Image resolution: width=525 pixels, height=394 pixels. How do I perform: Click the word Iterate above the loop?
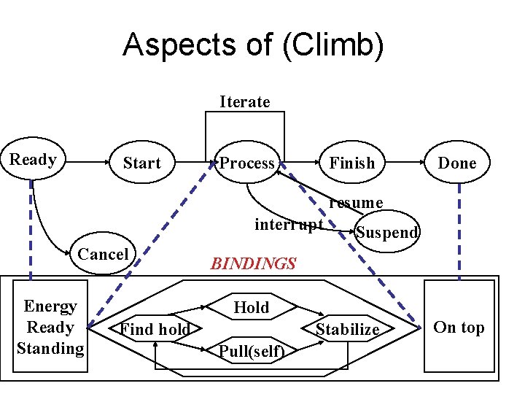tap(244, 101)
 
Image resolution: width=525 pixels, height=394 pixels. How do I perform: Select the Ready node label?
tap(33, 160)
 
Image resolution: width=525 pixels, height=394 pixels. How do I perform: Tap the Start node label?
tap(141, 163)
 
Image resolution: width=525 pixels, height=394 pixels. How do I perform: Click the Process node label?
tap(247, 163)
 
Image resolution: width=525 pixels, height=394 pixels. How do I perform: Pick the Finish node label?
tap(351, 163)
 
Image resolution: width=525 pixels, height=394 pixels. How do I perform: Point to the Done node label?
tap(456, 163)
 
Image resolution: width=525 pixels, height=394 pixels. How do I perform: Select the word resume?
tap(356, 202)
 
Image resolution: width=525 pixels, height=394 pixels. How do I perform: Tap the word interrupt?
tap(288, 224)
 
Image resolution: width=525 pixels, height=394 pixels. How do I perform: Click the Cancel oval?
tap(103, 254)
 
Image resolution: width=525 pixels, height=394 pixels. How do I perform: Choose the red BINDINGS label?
tap(253, 264)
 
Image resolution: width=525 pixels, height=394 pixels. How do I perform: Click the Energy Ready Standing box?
tap(50, 327)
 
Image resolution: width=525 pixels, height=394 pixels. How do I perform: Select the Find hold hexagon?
tap(155, 330)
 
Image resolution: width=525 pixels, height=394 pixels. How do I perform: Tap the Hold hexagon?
tap(251, 308)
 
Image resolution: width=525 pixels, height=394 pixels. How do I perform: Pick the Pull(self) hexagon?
tap(251, 352)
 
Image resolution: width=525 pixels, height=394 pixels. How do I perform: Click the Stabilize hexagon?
tap(347, 330)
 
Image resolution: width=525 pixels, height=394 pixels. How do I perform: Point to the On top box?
tap(459, 327)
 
